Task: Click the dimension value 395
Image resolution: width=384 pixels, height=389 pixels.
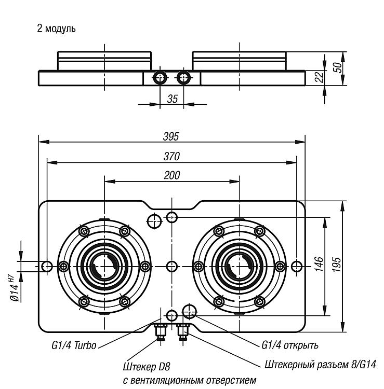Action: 171,136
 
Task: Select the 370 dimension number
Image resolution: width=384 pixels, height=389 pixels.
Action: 171,157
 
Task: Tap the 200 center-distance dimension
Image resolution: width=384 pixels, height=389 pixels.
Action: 172,175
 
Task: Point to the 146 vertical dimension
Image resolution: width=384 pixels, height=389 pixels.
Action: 319,265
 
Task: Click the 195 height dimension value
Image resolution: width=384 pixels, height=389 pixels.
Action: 337,265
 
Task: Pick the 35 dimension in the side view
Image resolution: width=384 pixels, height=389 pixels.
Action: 172,99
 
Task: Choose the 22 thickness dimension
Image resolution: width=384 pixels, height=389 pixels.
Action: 319,77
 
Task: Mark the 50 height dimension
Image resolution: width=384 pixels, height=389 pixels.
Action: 337,67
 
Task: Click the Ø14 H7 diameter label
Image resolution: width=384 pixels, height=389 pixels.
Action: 15,288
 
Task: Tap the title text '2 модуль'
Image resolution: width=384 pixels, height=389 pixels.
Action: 56,29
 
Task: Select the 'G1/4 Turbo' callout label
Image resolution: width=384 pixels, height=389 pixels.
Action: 74,345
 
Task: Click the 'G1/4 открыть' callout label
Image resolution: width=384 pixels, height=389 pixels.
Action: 290,345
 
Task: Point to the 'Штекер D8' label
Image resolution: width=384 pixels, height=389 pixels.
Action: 147,367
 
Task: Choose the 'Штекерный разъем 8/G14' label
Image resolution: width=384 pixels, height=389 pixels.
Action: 320,365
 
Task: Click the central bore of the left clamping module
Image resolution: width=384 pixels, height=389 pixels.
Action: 104,267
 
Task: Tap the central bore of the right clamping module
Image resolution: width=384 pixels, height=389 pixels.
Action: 240,267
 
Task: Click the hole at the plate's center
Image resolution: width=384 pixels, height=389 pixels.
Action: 171,267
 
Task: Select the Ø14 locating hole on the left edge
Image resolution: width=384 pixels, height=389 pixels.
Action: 47,267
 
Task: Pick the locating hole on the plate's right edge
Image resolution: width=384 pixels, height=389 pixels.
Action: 297,267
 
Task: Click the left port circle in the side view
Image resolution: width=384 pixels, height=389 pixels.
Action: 160,78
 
